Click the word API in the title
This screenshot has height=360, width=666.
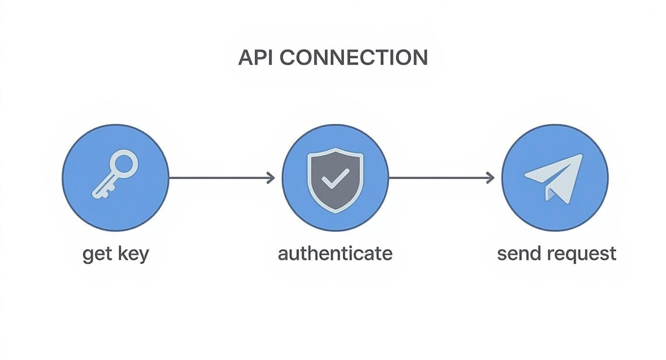256,58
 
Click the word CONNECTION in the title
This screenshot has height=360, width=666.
353,58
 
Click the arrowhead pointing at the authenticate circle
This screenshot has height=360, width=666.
272,178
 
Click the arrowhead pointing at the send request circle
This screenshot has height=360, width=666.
491,178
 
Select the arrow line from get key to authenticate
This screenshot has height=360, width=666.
220,178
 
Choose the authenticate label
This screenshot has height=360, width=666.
335,253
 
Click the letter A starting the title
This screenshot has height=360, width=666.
245,58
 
